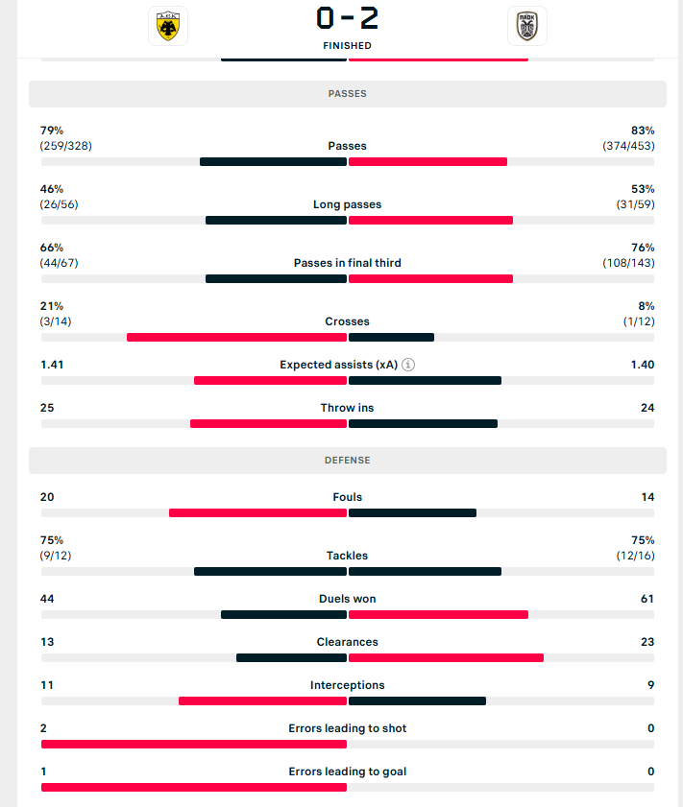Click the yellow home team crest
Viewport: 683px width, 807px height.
(168, 26)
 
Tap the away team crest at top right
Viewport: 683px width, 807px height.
(526, 26)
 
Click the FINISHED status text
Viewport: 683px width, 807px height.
(347, 45)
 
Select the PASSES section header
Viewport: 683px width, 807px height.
(347, 94)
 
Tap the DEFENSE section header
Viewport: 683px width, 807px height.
(347, 461)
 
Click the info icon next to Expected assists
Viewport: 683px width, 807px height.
(408, 365)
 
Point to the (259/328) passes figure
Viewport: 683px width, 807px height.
(66, 146)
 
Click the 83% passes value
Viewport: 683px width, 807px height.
(643, 131)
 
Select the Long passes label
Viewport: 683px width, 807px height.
(347, 204)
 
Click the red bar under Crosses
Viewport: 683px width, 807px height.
(236, 337)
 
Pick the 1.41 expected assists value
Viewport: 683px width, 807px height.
(53, 365)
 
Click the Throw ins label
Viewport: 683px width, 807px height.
(347, 408)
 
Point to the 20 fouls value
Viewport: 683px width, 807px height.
(47, 497)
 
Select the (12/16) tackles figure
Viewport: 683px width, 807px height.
(635, 556)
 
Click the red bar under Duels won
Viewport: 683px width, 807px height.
(438, 614)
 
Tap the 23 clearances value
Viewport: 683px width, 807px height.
(646, 642)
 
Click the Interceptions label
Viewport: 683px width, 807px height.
(347, 685)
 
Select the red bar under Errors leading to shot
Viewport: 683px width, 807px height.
(194, 744)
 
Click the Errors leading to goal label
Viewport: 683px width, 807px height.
(347, 771)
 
